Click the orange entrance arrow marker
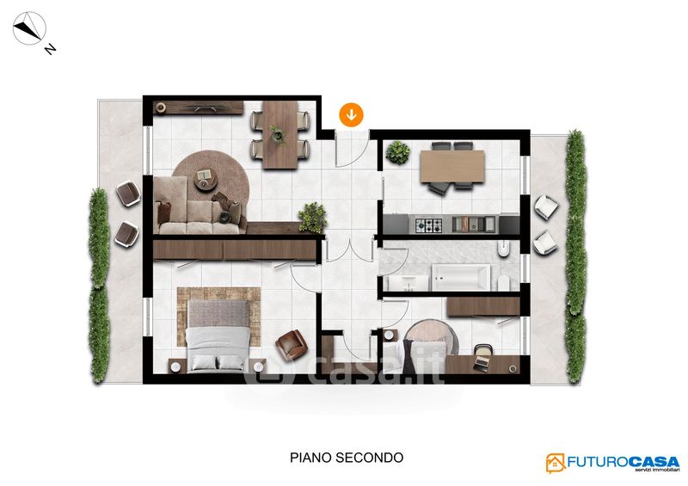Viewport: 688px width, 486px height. [351, 115]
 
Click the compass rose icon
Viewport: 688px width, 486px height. [29, 28]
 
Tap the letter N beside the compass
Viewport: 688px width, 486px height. [51, 49]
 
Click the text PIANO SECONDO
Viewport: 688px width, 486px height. [347, 458]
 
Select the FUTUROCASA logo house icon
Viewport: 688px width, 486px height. [556, 463]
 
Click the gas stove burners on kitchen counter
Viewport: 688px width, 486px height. [428, 225]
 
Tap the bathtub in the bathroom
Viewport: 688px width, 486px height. [461, 277]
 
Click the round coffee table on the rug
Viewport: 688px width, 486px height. [206, 179]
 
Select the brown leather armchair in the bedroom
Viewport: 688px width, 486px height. [292, 345]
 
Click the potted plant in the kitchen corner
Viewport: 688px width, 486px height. [398, 153]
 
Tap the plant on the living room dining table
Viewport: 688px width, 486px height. [278, 134]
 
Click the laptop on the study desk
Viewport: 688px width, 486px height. [482, 362]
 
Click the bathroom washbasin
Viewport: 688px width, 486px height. [408, 283]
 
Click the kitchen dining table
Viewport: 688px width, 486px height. [452, 166]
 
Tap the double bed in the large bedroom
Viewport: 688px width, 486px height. [218, 335]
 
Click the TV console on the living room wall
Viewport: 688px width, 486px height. [199, 108]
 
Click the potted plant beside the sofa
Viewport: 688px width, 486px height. [313, 218]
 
